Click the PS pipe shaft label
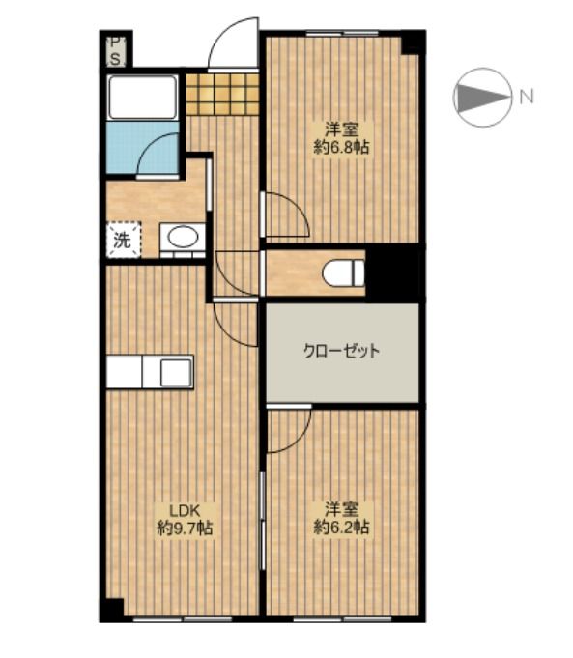(115, 51)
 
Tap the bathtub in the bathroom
(142, 97)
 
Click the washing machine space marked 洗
(124, 240)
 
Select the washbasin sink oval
(183, 237)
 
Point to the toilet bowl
(343, 272)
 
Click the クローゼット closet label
(342, 351)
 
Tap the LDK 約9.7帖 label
(185, 519)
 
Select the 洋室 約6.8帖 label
(342, 138)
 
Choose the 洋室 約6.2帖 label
(342, 518)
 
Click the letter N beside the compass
(527, 97)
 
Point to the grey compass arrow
(481, 98)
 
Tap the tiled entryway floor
(222, 94)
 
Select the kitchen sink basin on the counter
(176, 372)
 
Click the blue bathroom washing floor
(143, 147)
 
